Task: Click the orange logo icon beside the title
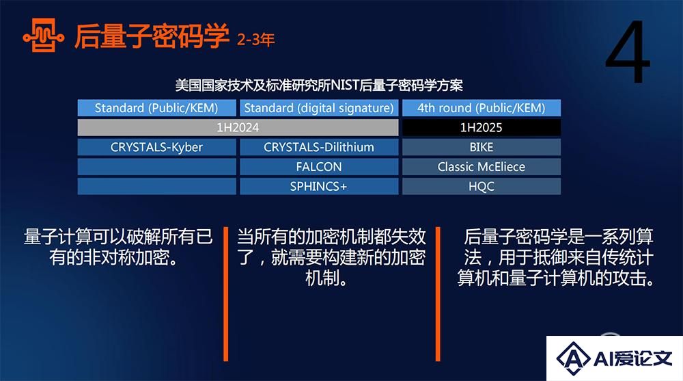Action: pyautogui.click(x=43, y=36)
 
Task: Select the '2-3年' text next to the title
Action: pyautogui.click(x=255, y=40)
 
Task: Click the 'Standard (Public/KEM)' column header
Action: pyautogui.click(x=157, y=108)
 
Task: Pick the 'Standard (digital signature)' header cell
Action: pyautogui.click(x=319, y=108)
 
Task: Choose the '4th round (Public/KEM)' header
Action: pyautogui.click(x=482, y=108)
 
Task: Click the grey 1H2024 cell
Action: pyautogui.click(x=238, y=127)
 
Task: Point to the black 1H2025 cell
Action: pyautogui.click(x=482, y=127)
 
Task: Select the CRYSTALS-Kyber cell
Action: pyautogui.click(x=157, y=147)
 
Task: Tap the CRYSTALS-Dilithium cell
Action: pyautogui.click(x=319, y=147)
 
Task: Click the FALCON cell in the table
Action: pyautogui.click(x=319, y=167)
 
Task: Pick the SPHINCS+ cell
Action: pyautogui.click(x=319, y=186)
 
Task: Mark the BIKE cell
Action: pyautogui.click(x=482, y=147)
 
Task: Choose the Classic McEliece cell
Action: pyautogui.click(x=482, y=167)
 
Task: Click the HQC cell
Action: pyautogui.click(x=482, y=186)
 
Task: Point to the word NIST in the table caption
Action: pyautogui.click(x=344, y=85)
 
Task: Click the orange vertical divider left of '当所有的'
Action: pyautogui.click(x=225, y=293)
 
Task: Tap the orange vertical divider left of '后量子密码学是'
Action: pyautogui.click(x=438, y=293)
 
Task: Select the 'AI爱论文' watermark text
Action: pyautogui.click(x=633, y=358)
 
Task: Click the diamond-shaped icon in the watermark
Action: pyautogui.click(x=574, y=358)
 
